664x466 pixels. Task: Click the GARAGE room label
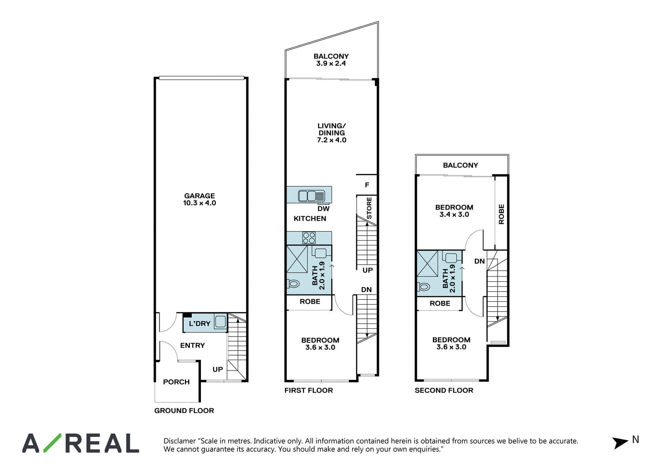click(x=200, y=196)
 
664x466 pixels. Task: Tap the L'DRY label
click(x=200, y=323)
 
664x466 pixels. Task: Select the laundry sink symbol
click(x=220, y=322)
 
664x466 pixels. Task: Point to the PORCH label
click(x=176, y=382)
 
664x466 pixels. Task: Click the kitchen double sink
click(x=311, y=196)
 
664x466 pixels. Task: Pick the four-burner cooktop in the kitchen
click(x=309, y=238)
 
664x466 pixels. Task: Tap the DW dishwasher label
click(x=323, y=209)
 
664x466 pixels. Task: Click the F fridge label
click(x=367, y=185)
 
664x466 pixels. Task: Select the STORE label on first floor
click(x=369, y=208)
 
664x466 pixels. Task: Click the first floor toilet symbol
click(x=293, y=284)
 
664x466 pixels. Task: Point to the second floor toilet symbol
click(x=423, y=287)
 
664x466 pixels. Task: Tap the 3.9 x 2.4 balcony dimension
click(x=331, y=63)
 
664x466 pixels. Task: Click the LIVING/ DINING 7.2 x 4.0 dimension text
click(x=332, y=140)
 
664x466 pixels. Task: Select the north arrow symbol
click(x=620, y=443)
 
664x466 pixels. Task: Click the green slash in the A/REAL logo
click(x=52, y=443)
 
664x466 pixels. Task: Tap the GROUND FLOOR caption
click(x=184, y=410)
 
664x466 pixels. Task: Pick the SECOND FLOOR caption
click(x=444, y=390)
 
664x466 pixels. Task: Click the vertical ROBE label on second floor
click(x=501, y=214)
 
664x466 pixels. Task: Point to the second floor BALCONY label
click(x=460, y=165)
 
